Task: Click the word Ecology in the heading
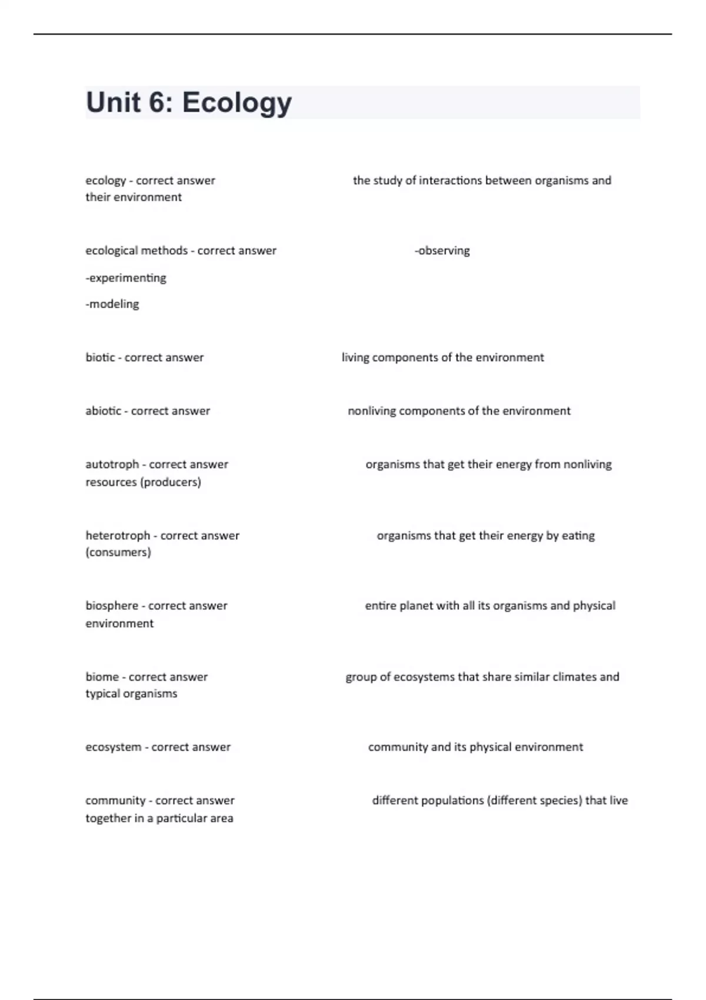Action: coord(237,103)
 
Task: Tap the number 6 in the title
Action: coord(158,102)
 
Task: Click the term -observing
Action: coord(442,251)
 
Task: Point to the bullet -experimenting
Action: coord(126,278)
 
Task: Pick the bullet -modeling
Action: coord(112,304)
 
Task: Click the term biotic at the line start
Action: coord(100,358)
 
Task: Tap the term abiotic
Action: coord(104,411)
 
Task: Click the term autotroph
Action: coord(112,465)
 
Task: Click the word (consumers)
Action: coord(118,552)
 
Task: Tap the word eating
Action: coord(578,536)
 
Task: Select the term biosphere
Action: coord(111,606)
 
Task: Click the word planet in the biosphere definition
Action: coord(415,606)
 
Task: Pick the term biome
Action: coord(102,677)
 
